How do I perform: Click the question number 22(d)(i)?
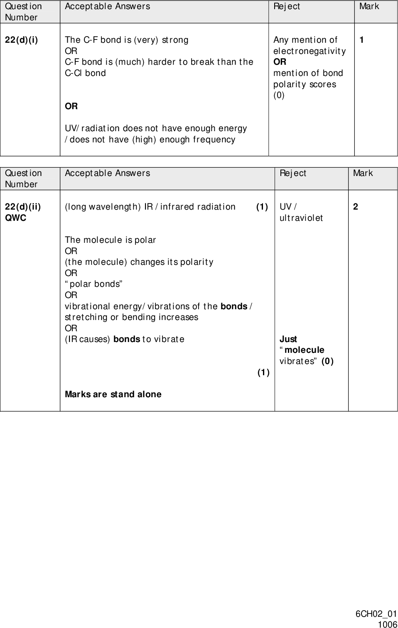[21, 40]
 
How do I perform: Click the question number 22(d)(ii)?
[23, 207]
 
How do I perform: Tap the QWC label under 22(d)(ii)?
[15, 218]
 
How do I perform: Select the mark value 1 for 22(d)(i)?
[362, 40]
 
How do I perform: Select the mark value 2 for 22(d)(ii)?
[356, 207]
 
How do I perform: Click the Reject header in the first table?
[287, 7]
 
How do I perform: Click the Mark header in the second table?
[363, 173]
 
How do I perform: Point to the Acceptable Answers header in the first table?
[107, 7]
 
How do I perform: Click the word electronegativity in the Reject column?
[309, 51]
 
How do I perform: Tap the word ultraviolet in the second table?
[301, 218]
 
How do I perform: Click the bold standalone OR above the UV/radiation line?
[71, 106]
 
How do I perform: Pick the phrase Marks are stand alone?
[113, 394]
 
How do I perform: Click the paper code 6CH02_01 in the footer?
[376, 614]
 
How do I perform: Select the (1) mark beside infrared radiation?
[262, 207]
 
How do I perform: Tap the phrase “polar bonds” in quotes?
[93, 284]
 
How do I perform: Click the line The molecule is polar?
[110, 240]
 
